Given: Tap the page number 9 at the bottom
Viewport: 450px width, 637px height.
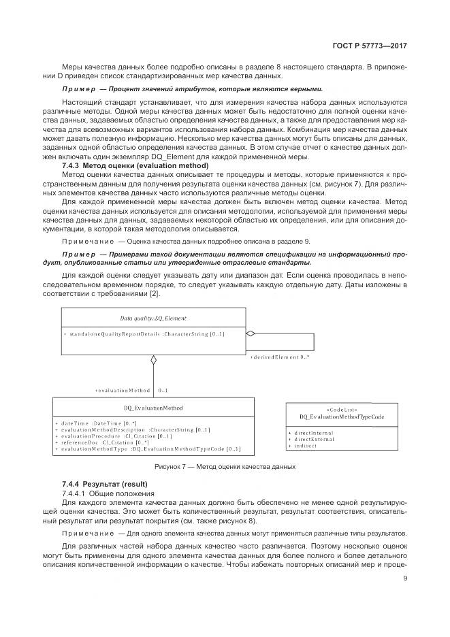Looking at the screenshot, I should coord(404,579).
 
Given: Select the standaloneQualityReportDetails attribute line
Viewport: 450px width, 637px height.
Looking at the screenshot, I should coord(145,334).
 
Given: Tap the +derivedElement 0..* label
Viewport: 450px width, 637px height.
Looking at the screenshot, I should coord(280,357).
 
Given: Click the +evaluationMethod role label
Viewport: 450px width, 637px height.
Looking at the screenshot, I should coord(123,391).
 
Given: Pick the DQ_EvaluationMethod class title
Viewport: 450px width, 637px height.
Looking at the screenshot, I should coord(153,408).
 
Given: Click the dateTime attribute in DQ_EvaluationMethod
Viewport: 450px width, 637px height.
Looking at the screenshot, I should coord(99,423).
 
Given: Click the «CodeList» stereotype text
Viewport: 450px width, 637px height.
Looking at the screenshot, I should coord(338,409).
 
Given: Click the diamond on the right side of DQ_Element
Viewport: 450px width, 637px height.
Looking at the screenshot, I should coord(251,333).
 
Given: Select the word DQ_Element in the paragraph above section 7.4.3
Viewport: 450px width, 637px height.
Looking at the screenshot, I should coord(182,157).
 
